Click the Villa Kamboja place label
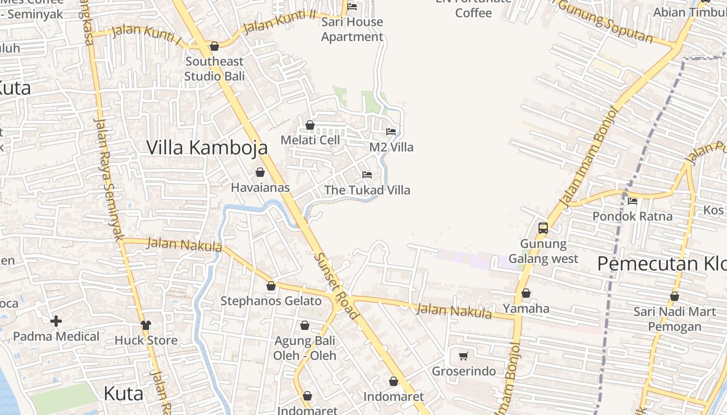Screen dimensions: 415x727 (x=207, y=147)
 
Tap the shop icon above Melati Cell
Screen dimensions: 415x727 (x=310, y=125)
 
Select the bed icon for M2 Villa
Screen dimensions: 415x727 (x=391, y=132)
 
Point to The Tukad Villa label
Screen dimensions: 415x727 (x=367, y=190)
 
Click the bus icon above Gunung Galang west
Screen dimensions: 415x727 (x=543, y=228)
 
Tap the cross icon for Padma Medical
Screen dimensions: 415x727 (x=56, y=321)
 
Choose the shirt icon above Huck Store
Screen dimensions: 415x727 (x=146, y=325)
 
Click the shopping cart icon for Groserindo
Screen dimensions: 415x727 (x=464, y=356)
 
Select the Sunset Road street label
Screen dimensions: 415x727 (x=336, y=286)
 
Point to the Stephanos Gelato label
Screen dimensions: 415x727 (x=271, y=301)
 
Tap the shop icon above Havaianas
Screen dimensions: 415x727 (x=260, y=172)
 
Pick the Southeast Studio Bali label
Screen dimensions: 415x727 (x=214, y=68)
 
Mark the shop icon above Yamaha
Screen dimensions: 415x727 (x=526, y=294)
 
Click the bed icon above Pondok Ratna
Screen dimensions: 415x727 (x=632, y=201)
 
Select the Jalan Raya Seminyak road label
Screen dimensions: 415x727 (x=109, y=179)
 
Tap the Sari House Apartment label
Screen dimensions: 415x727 (x=352, y=29)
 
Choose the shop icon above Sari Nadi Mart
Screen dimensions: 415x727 (x=675, y=297)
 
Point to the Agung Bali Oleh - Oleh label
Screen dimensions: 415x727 (x=305, y=349)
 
